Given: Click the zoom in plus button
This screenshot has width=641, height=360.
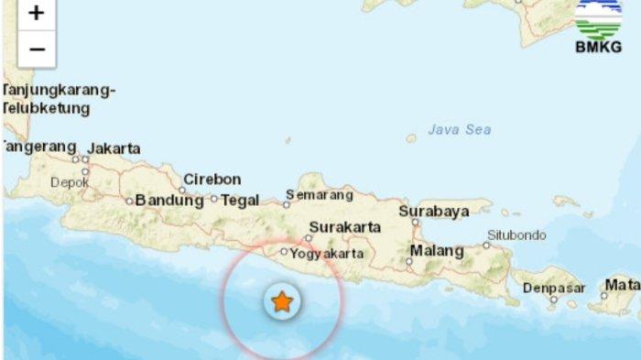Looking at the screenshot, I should click(36, 13).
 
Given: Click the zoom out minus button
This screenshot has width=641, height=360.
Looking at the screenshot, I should click(36, 49).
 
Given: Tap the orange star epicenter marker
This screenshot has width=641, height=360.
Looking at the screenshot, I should click(282, 301).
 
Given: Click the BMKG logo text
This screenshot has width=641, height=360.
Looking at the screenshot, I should click(598, 48).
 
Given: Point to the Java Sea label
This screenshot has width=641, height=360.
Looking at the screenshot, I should click(460, 130).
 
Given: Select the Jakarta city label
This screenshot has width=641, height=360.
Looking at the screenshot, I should click(114, 148).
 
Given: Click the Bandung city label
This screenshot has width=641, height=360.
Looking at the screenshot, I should click(169, 200).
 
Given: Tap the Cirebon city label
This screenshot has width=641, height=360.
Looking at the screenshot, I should click(212, 180).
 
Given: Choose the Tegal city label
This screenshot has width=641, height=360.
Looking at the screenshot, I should click(240, 200).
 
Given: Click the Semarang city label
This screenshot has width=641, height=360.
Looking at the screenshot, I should click(320, 194).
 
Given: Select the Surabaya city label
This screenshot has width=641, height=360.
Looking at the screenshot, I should click(434, 211).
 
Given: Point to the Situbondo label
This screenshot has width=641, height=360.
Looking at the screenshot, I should click(516, 235).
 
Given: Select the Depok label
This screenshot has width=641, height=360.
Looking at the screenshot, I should click(70, 182).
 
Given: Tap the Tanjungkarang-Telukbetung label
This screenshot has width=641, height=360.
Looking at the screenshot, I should click(58, 99).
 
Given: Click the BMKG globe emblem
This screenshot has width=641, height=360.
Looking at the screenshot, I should click(598, 18).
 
